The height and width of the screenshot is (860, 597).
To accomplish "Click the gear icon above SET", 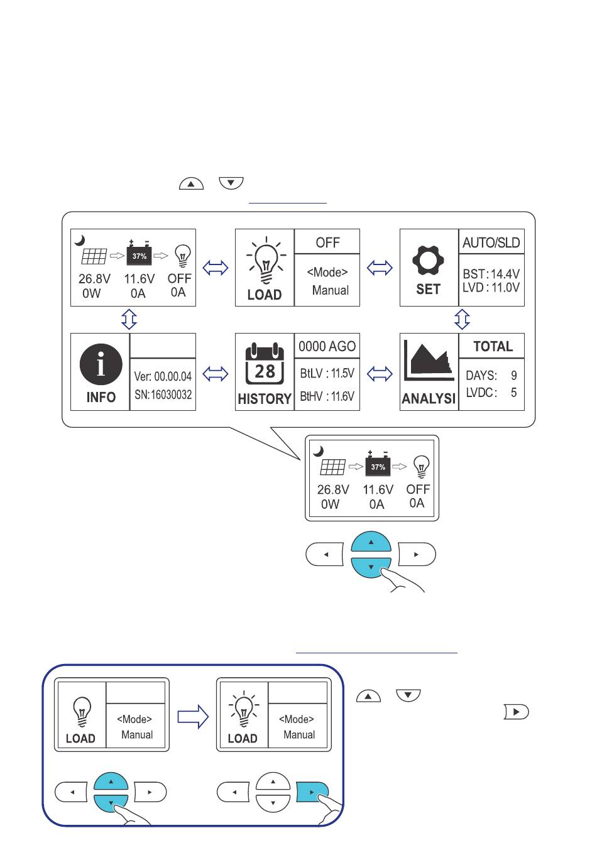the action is point(427,260).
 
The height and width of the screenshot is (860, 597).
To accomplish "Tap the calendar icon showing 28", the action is point(265,363).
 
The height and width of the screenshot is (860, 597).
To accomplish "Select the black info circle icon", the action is point(101,364).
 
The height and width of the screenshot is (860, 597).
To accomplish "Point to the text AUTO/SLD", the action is point(491,242).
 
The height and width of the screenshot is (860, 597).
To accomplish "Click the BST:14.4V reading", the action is point(491,274).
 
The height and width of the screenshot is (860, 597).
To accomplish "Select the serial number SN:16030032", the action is point(163,395).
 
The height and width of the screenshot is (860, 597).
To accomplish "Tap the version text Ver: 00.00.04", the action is point(163,376).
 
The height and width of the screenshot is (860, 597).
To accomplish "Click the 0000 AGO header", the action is point(327,346).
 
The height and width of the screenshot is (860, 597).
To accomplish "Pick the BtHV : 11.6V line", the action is point(327,396).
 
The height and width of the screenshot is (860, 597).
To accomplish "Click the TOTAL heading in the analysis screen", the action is point(493,346).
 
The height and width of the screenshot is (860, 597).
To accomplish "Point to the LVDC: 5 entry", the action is point(491,393).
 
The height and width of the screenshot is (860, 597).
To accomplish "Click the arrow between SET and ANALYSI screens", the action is point(462,319).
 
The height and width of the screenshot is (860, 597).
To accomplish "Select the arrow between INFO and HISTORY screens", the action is point(215,374).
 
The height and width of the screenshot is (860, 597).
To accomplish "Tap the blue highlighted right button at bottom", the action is point(312,792).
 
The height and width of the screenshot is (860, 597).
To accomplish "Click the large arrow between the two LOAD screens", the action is point(193,716).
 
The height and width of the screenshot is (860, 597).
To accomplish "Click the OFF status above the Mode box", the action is point(327,242).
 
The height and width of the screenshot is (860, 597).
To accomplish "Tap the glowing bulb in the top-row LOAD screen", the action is point(266,260).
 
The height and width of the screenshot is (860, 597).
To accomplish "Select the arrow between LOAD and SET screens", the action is point(380,268).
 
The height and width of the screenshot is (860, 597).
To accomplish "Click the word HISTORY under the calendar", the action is point(265,399).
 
